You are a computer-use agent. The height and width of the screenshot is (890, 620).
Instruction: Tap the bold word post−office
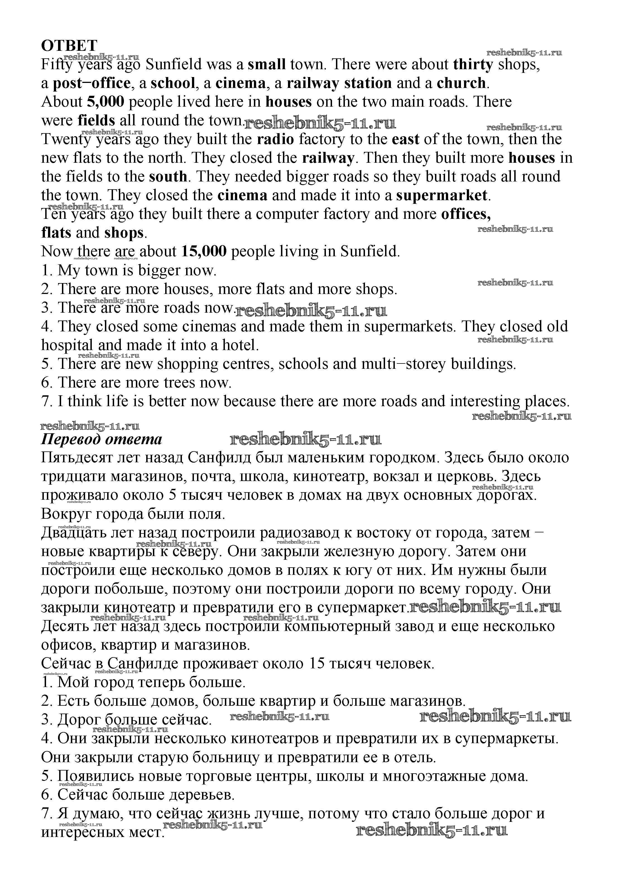click(92, 83)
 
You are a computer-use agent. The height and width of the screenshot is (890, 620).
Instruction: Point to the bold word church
click(461, 83)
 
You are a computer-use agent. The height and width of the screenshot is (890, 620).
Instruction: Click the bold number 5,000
click(106, 102)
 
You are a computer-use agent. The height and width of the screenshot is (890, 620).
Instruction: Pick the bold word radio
click(275, 139)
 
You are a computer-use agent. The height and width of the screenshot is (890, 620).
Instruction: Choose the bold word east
click(405, 139)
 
